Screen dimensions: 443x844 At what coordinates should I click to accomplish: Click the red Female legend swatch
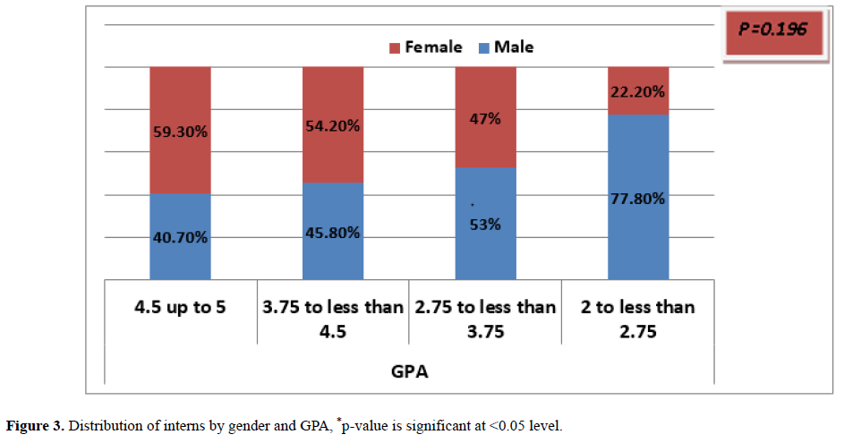[x=393, y=47]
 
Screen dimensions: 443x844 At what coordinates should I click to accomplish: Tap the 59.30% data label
[x=180, y=132]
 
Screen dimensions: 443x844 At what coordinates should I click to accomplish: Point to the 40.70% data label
[x=180, y=237]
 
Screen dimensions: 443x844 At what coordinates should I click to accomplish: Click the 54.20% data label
[x=333, y=126]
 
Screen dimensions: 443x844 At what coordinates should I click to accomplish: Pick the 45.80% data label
[x=333, y=233]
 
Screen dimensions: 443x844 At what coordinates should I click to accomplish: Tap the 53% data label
[x=486, y=225]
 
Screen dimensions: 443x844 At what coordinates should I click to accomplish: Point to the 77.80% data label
[x=638, y=199]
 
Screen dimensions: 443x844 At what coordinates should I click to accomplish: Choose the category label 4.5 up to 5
[x=180, y=308]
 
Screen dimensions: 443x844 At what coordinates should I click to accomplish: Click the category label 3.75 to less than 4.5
[x=333, y=318]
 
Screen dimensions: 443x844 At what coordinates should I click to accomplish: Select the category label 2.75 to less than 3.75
[x=486, y=318]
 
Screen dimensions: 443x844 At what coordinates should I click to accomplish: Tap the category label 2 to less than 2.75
[x=638, y=318]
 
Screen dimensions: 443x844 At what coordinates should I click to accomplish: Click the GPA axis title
[x=409, y=371]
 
